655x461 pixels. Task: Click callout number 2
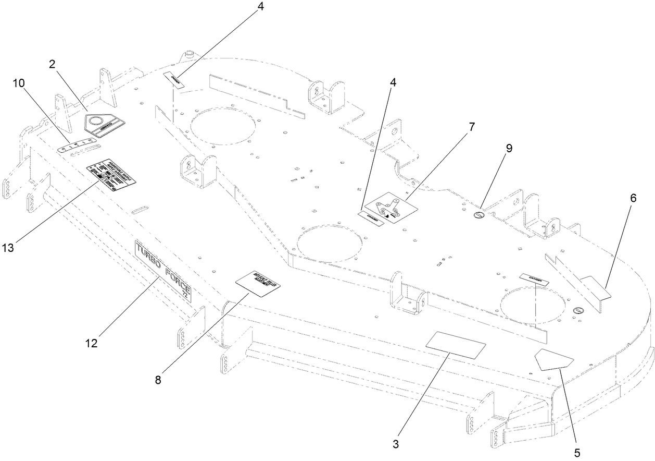pos(52,65)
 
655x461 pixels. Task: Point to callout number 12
pos(92,344)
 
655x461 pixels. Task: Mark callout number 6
pos(633,198)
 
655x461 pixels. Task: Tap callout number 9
pos(509,149)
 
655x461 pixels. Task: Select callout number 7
pos(472,127)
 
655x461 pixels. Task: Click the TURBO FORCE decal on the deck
pos(163,270)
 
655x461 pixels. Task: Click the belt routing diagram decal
pos(392,210)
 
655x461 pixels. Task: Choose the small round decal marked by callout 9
pos(478,215)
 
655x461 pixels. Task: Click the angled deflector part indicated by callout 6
pos(597,287)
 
